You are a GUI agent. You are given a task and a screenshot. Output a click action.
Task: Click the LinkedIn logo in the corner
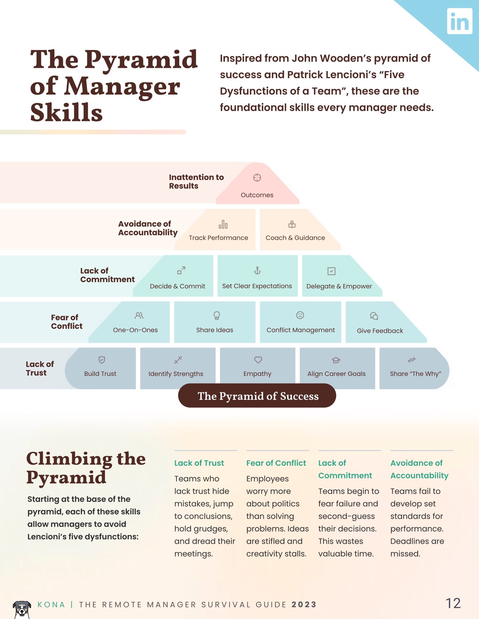(460, 21)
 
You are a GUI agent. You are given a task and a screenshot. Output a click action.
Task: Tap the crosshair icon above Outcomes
(257, 178)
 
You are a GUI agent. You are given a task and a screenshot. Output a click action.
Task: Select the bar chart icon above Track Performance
(223, 225)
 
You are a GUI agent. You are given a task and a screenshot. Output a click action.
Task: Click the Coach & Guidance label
(295, 238)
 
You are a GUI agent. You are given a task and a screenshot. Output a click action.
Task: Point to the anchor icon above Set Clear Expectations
(257, 271)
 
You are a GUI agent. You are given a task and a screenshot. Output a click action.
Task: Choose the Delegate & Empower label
(339, 286)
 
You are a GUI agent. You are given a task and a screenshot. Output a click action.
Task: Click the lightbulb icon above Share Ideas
(217, 315)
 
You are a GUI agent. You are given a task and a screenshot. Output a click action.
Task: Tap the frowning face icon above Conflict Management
(300, 315)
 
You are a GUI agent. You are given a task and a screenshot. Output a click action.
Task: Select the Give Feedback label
(380, 331)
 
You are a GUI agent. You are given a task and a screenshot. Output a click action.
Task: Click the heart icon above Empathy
(258, 360)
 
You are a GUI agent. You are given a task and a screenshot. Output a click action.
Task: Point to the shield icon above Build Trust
(102, 360)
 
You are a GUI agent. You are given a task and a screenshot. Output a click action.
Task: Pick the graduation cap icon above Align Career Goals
(336, 360)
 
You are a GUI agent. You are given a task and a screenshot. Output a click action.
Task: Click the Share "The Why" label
(415, 374)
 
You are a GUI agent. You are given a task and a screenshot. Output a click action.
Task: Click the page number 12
(453, 604)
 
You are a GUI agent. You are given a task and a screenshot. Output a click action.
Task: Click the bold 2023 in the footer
(304, 605)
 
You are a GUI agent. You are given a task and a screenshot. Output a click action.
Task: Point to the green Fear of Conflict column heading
(276, 463)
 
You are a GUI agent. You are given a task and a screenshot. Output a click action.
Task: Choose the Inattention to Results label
(196, 181)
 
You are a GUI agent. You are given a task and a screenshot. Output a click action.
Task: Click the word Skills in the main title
(66, 113)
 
